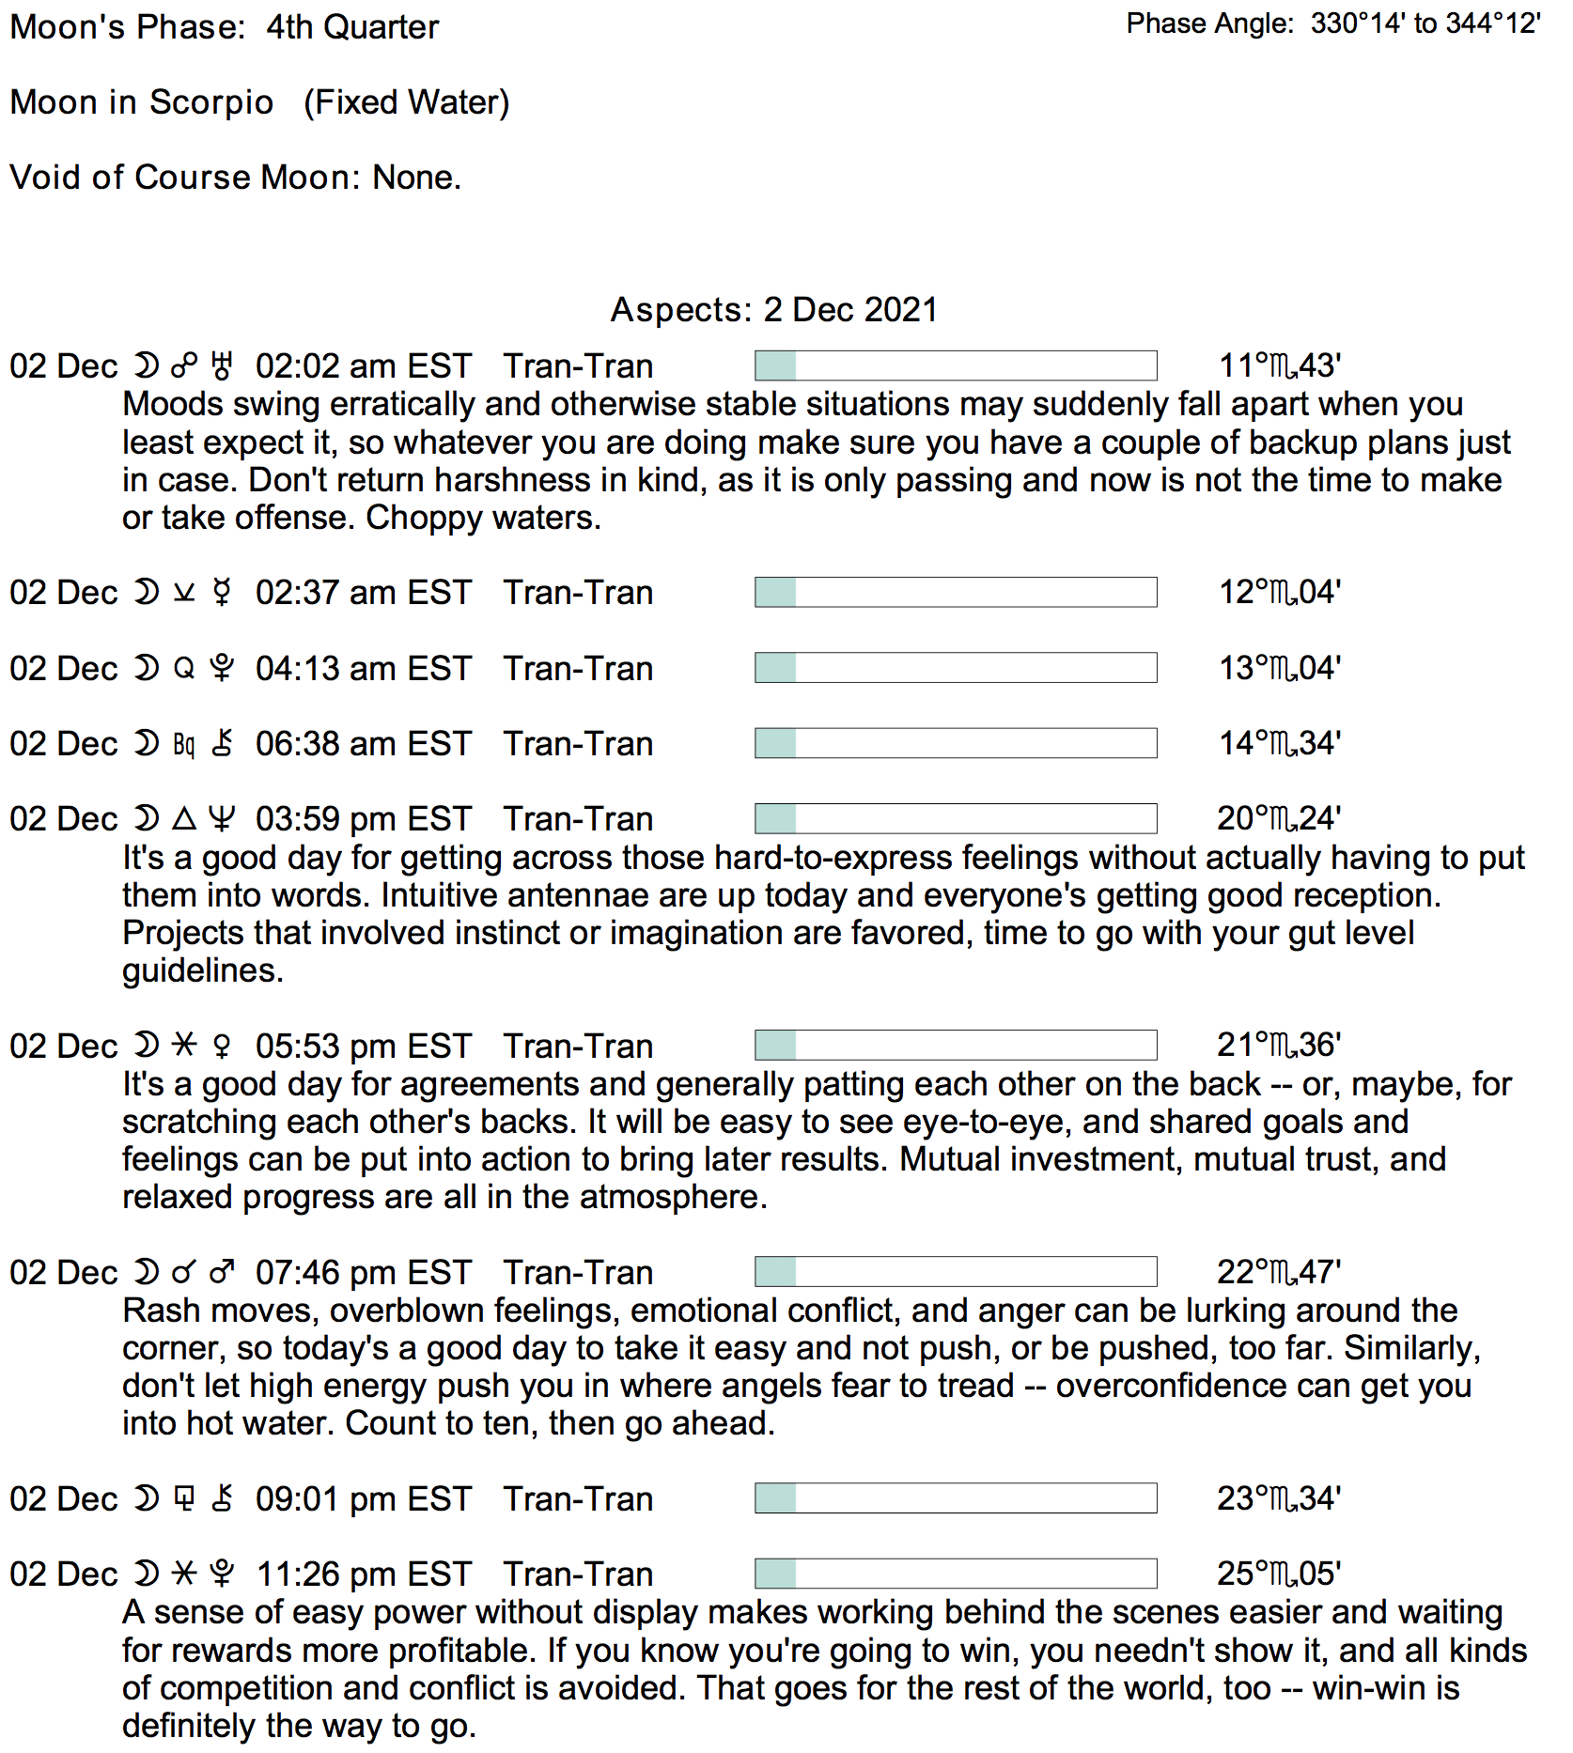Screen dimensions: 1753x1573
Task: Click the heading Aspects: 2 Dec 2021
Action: (773, 310)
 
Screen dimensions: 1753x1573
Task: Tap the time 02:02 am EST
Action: (363, 366)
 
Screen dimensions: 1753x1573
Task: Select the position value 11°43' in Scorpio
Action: (1279, 366)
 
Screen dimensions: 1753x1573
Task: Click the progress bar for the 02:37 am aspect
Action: (955, 593)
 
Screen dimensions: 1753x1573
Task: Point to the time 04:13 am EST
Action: (363, 669)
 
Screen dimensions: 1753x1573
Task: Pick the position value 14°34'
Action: (1279, 744)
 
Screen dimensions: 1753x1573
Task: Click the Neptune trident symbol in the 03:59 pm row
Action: (222, 819)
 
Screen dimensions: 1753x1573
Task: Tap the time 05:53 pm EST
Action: (363, 1047)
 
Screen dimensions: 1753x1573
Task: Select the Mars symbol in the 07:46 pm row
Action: (222, 1273)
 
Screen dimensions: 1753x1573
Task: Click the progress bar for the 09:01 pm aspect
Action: (955, 1498)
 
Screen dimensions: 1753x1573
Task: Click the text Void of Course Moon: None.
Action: (235, 178)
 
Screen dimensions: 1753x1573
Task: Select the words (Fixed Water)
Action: (406, 102)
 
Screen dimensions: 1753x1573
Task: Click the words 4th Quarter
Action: (352, 27)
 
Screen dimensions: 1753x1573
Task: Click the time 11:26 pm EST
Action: (363, 1575)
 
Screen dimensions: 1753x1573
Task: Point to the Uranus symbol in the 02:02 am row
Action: (222, 366)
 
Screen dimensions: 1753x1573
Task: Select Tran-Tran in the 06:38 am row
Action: (578, 744)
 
